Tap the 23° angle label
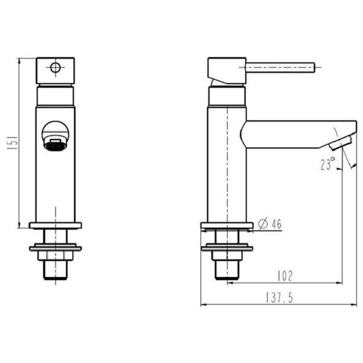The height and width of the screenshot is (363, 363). pos(327,163)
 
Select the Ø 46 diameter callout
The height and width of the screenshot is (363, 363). pos(270,224)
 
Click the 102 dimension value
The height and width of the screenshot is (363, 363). pos(284,276)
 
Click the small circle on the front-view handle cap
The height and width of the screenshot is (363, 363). pos(55,67)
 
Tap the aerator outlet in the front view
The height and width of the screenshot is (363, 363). pos(55,145)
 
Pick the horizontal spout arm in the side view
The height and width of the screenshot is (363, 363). pos(290,134)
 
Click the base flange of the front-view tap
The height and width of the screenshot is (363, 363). pos(55,226)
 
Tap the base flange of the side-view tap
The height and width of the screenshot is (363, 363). pos(227,227)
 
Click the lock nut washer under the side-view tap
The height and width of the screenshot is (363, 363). pos(227,247)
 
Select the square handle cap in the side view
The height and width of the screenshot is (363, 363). pos(226,70)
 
